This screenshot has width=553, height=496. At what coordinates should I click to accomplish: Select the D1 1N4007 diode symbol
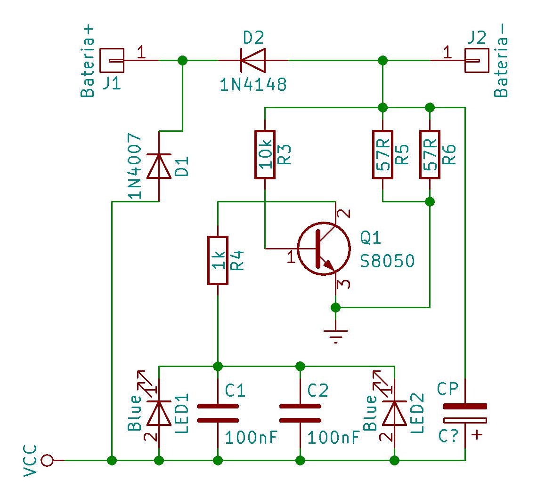pos(159,167)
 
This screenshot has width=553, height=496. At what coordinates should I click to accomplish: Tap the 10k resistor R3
pos(265,155)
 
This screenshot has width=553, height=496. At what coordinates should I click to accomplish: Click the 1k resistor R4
pos(218,260)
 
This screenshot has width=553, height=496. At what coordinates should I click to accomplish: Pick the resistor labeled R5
pos(383,155)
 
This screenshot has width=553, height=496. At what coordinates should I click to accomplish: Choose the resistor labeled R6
pos(430,155)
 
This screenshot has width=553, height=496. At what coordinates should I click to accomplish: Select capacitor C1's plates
pos(218,413)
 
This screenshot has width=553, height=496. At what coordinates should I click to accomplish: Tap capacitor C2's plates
pos(300,413)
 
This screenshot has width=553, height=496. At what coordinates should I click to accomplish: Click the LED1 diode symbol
pos(159,413)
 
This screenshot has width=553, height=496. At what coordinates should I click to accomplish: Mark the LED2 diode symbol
pos(395,413)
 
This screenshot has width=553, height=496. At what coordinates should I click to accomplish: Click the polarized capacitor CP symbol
pos(465,413)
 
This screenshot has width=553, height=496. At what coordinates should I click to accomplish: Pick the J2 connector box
pos(476,61)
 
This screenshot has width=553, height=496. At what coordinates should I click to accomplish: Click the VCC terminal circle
pos(47,460)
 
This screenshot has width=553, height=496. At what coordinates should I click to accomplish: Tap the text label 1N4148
pos(253,85)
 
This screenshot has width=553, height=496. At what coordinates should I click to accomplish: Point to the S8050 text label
pos(387,261)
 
